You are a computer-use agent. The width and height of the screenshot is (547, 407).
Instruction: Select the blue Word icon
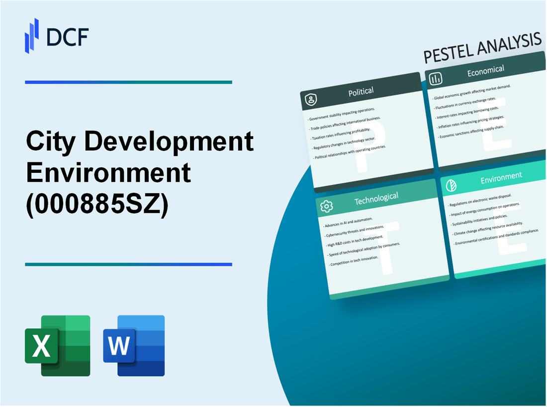pos(134,345)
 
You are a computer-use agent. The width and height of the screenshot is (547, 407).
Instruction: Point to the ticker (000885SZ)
pos(97,204)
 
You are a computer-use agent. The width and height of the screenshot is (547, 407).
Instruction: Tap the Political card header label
pos(361,91)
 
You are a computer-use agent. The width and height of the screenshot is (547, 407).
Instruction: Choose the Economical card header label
pos(485,71)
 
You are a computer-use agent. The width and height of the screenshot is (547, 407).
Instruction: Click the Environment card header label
pos(501,175)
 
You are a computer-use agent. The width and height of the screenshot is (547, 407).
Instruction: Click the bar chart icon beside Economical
pos(436,79)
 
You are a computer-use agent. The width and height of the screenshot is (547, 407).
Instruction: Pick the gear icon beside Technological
pos(327,206)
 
